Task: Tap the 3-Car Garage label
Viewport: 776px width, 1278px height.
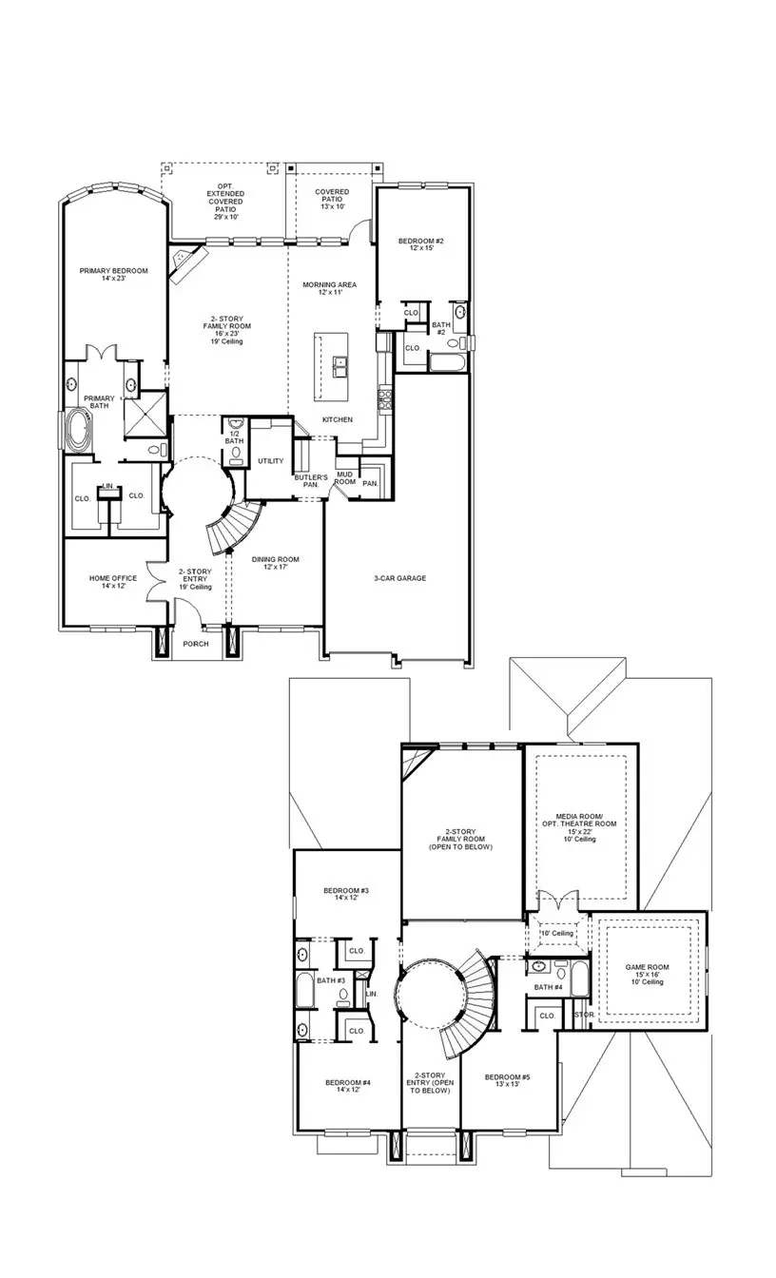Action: click(399, 578)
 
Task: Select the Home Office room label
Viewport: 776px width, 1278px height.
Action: click(113, 582)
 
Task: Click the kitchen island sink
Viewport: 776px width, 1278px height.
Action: click(339, 363)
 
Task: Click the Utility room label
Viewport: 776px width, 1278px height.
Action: click(270, 461)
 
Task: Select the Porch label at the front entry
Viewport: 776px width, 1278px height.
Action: click(196, 644)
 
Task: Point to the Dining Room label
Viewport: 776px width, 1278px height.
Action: click(269, 563)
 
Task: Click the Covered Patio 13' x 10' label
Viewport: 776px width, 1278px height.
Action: click(332, 199)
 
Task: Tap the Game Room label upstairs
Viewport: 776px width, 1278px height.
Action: click(647, 973)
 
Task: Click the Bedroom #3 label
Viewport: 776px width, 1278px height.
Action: click(345, 895)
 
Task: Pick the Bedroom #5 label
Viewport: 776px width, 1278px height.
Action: click(507, 1082)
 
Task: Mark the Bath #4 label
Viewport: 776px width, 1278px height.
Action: click(549, 987)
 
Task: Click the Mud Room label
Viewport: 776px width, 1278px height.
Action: click(344, 478)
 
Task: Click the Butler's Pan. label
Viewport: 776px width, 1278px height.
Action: click(310, 481)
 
